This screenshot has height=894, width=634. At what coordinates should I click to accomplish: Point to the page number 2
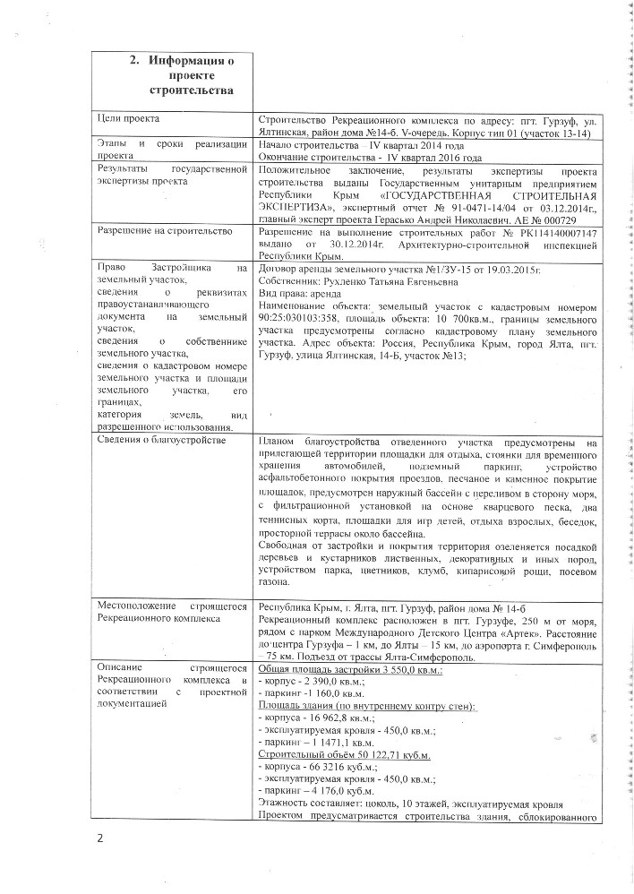(101, 838)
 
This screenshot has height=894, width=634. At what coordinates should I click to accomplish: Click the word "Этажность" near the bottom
(283, 804)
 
